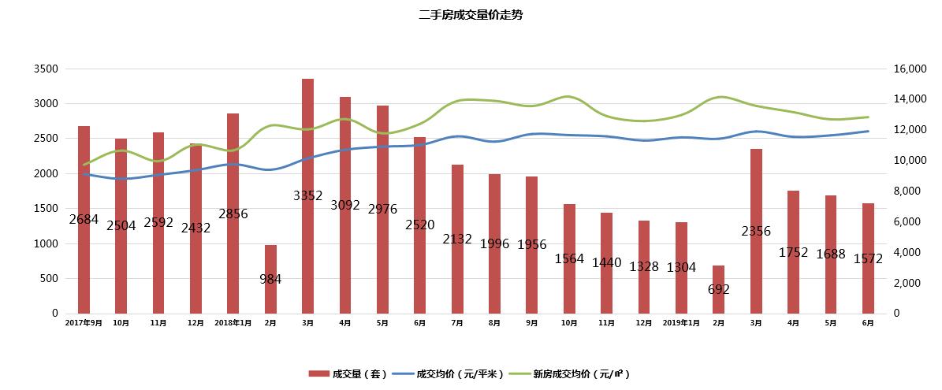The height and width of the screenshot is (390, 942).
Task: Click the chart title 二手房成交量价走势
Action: [x=470, y=15]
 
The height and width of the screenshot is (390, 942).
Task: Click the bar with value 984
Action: [x=270, y=260]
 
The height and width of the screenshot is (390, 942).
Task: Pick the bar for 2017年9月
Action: [x=84, y=173]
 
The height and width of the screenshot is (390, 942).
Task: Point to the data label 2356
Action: [x=756, y=231]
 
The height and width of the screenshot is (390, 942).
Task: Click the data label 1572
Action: [x=868, y=258]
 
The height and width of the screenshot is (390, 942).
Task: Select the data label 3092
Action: [x=345, y=205]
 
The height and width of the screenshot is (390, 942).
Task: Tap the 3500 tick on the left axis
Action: [x=47, y=69]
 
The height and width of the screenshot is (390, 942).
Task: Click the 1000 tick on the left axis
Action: [x=47, y=243]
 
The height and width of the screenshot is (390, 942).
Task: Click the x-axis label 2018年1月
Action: [x=233, y=323]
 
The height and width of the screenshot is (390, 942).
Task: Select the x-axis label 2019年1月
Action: [x=681, y=323]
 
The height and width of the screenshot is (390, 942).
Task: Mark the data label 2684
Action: [x=84, y=219]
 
